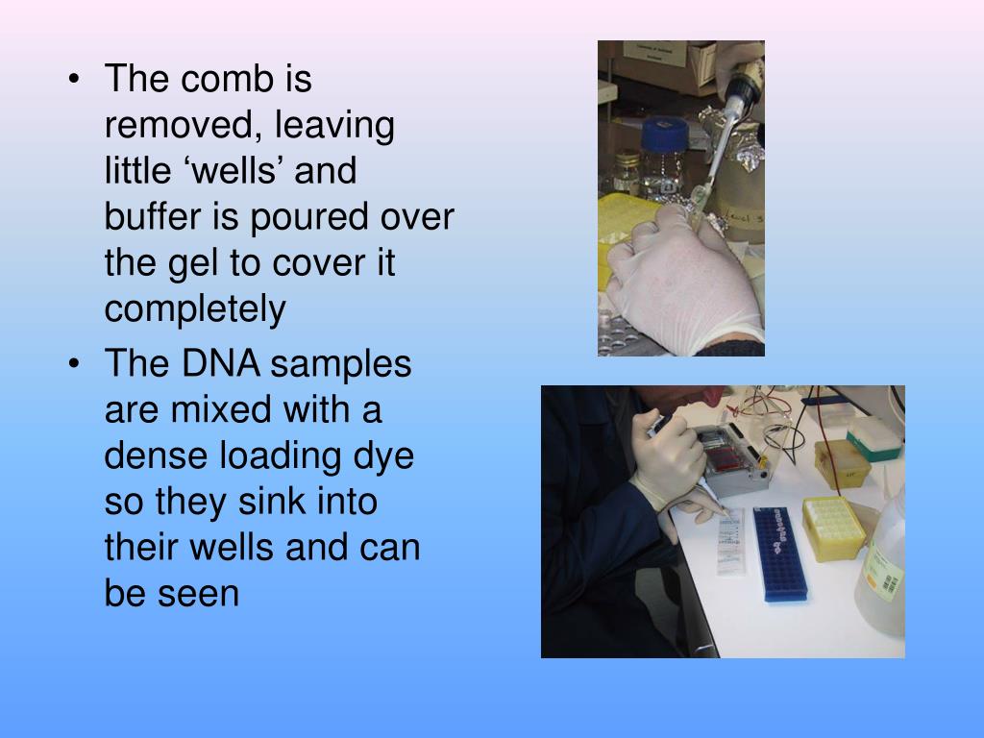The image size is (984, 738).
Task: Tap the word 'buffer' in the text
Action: click(x=151, y=218)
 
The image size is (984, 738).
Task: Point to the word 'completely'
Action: click(x=195, y=310)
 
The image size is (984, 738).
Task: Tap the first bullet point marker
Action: click(x=76, y=81)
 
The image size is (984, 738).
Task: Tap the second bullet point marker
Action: click(x=76, y=366)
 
